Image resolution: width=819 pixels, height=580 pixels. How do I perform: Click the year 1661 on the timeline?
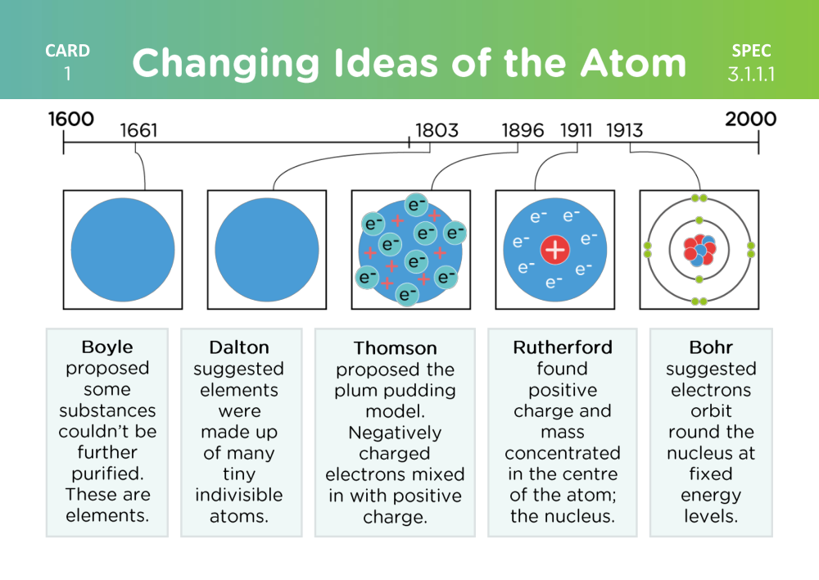138,130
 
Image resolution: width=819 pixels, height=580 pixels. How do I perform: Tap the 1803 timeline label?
437,130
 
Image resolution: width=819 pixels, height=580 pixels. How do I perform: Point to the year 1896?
523,130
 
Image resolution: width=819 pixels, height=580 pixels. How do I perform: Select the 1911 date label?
576,130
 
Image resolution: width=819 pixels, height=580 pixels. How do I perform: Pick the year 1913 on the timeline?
624,130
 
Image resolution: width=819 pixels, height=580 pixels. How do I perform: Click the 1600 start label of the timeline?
71,119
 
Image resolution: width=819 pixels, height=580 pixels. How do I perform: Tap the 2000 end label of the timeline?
750,119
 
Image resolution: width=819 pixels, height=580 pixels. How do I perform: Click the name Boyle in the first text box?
107,347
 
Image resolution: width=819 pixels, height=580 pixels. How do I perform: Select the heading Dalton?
239,347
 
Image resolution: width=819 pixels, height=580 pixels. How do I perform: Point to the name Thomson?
395,348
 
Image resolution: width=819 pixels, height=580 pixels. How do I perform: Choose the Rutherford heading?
563,347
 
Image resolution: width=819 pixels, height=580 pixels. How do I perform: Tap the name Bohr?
711,347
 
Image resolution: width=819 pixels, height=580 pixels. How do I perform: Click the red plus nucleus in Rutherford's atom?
554,250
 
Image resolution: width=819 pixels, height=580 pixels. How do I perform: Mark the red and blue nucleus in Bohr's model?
699,250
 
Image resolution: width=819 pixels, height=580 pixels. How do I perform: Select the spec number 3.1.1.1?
751,75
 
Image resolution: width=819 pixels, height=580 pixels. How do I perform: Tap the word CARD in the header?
67,51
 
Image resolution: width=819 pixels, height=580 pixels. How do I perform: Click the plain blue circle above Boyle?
123,250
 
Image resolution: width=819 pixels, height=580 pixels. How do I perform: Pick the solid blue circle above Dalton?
267,250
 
